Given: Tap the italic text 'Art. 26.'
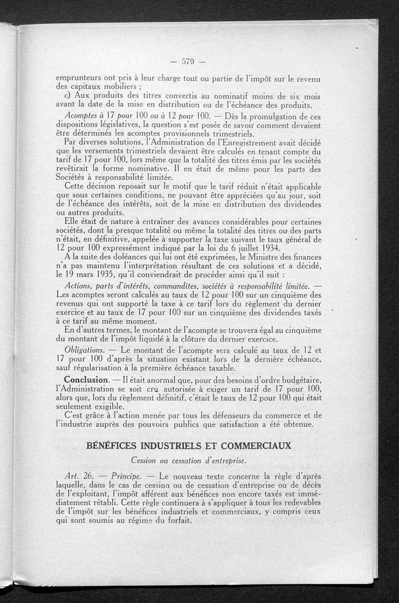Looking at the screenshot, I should click(77, 475).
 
